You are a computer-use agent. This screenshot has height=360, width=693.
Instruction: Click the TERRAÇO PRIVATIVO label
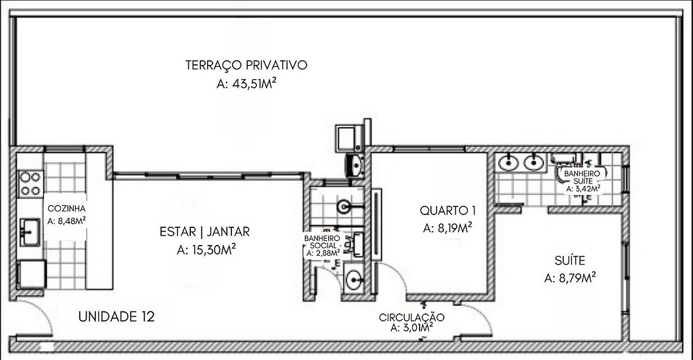tap(246, 66)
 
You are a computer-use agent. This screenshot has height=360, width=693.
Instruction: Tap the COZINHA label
tap(66, 208)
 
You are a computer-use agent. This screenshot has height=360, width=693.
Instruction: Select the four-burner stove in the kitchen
tap(30, 184)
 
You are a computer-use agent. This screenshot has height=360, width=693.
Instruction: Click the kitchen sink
tap(30, 232)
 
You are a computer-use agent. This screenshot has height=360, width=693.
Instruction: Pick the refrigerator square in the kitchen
tap(32, 274)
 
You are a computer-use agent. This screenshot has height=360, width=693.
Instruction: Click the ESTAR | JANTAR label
tap(204, 232)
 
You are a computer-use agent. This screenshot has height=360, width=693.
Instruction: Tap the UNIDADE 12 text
tap(116, 317)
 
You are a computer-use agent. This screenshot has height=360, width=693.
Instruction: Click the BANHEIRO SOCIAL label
tap(323, 242)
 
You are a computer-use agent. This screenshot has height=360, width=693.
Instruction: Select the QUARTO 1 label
tap(448, 210)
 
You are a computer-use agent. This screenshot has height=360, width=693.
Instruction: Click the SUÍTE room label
tap(570, 260)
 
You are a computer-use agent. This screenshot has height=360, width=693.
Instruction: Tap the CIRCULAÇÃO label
tap(411, 317)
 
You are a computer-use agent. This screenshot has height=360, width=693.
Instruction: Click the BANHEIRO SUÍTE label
tap(583, 177)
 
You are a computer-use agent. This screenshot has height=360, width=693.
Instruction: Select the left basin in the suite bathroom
tap(508, 163)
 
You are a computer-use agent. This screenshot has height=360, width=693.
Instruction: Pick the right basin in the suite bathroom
tap(534, 163)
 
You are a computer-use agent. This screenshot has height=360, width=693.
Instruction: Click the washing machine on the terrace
tap(349, 138)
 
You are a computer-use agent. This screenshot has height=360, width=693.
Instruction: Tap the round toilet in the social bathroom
tap(344, 206)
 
